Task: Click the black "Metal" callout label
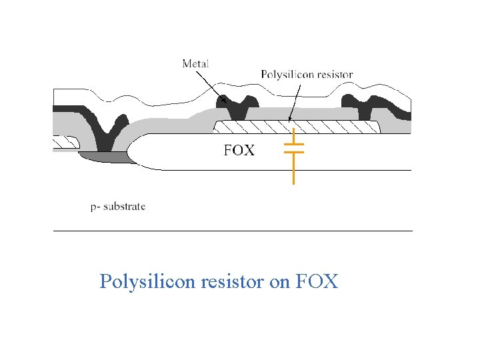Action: point(195,64)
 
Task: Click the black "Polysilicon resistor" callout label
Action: point(307,74)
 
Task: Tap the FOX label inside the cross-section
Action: point(239,150)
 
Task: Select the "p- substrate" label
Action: point(118,206)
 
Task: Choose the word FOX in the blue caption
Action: point(316,281)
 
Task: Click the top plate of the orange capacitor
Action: point(293,143)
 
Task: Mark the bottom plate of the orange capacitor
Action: point(293,152)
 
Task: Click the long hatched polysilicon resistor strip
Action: point(297,126)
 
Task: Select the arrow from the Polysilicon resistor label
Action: point(291,100)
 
